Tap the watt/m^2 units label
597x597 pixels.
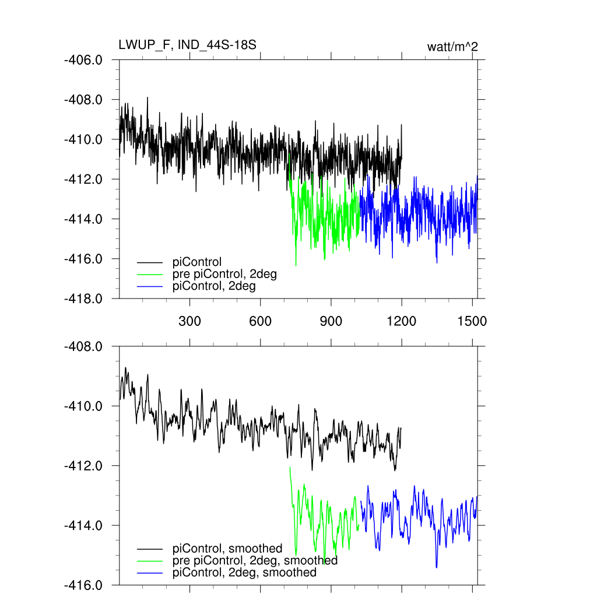[452, 47]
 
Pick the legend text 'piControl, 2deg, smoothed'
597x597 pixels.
[245, 573]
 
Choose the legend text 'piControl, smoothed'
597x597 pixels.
[227, 548]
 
